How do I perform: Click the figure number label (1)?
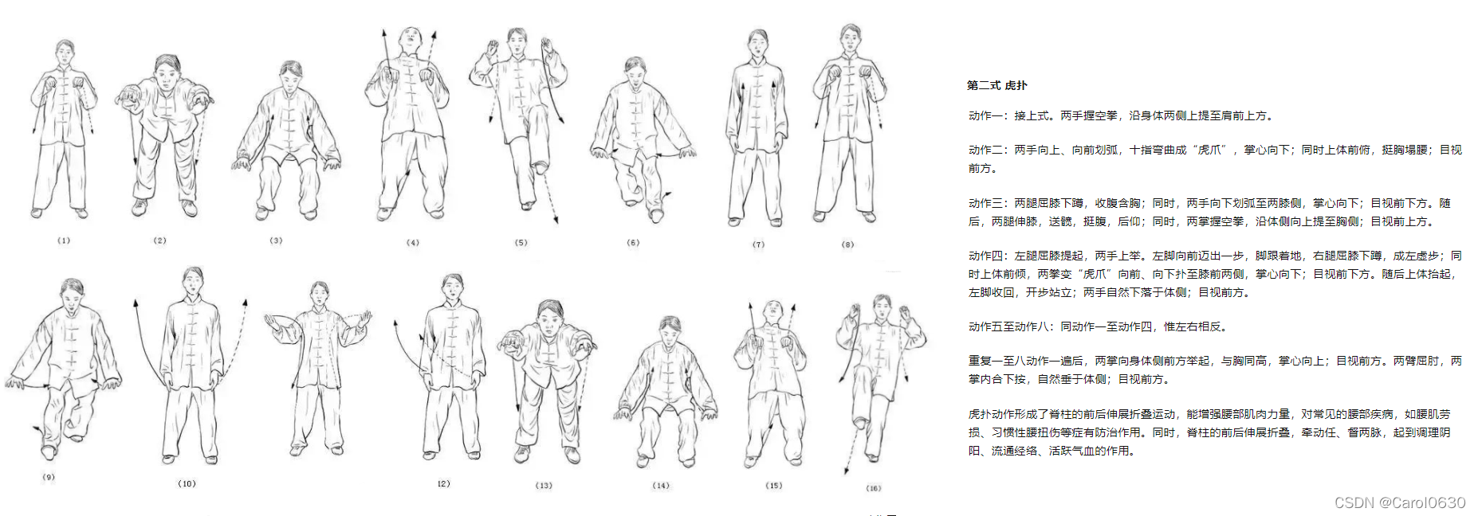64,240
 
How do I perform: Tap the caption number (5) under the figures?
521,243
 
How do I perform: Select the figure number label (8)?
847,244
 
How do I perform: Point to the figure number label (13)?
544,486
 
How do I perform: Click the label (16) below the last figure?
874,488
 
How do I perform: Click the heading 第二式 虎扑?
997,85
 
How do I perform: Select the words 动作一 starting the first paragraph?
985,115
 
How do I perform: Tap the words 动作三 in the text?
985,203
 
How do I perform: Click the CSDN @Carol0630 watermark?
1400,502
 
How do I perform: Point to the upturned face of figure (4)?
411,38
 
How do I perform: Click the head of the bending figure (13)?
549,316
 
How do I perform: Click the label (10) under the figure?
187,483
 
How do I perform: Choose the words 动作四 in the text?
985,256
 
